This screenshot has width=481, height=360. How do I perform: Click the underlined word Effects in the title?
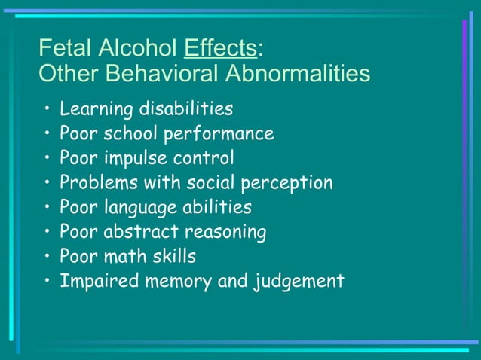(220, 48)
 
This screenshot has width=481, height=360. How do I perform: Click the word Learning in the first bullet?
(93, 109)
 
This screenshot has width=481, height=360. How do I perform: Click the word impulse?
(135, 158)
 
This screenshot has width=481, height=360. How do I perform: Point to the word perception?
(286, 183)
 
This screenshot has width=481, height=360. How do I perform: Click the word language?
(140, 207)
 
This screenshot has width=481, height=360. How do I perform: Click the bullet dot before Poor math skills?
(48, 256)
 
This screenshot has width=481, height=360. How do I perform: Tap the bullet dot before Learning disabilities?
(48, 109)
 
